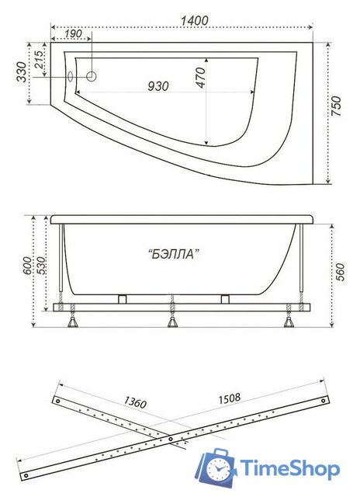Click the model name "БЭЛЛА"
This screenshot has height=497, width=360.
(x=168, y=253)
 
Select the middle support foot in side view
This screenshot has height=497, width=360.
(x=171, y=319)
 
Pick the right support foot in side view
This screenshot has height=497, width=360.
(x=288, y=319)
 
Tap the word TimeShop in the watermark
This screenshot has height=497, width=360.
(x=289, y=469)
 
